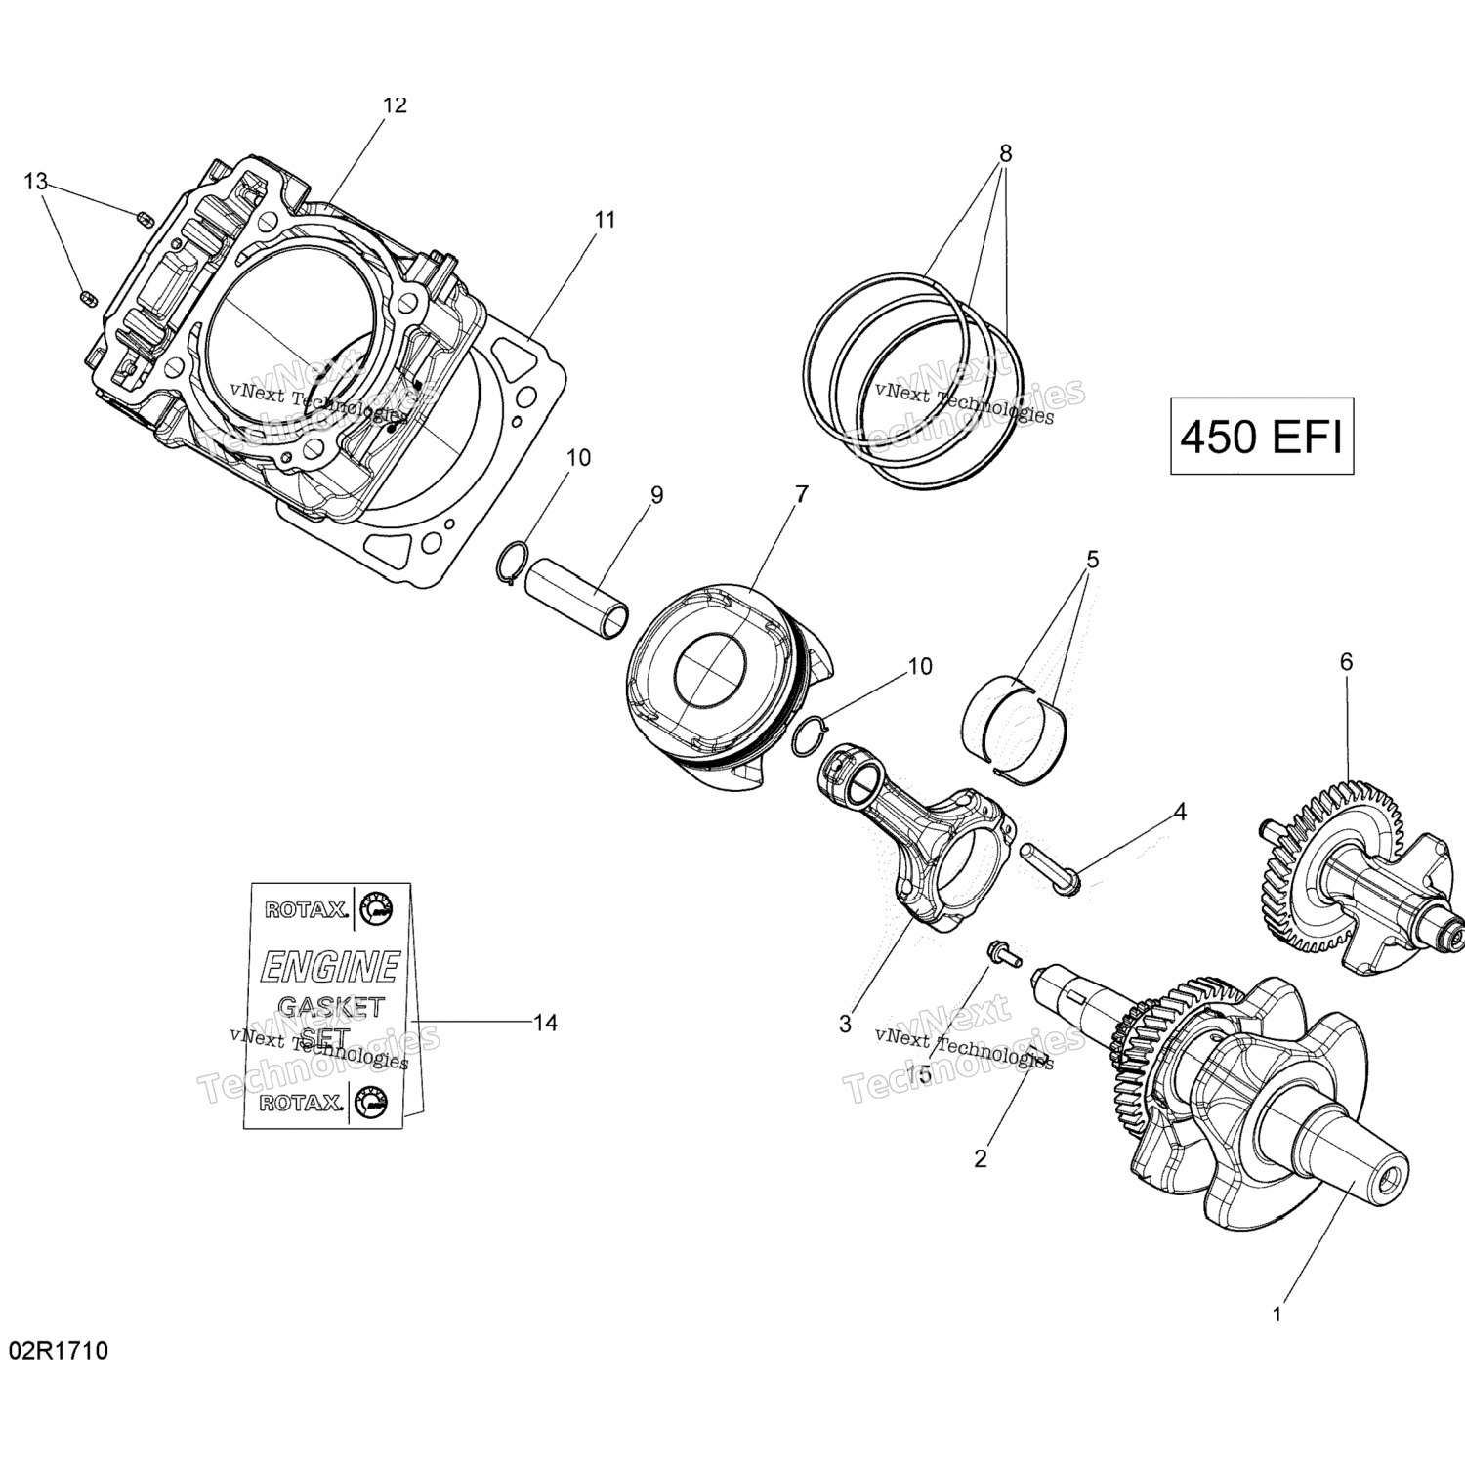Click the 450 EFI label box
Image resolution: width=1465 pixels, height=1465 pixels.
coord(1261,436)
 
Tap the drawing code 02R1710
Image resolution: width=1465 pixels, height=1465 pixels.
coord(59,1352)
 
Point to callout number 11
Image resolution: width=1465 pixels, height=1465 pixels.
coord(606,220)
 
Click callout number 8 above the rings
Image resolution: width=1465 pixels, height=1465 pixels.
coord(1005,153)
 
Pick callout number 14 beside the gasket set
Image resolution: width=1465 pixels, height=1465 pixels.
coord(545,1023)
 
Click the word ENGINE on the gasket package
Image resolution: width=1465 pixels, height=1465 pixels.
coord(328,966)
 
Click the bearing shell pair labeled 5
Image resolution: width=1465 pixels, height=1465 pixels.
coord(1016,718)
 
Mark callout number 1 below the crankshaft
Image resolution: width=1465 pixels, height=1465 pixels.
coord(1277,1315)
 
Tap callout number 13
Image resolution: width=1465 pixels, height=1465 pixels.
coord(35,182)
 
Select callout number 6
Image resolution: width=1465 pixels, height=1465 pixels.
coord(1346,662)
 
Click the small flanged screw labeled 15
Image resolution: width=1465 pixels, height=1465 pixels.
coord(1001,951)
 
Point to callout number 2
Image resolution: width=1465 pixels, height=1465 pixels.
coord(981,1158)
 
